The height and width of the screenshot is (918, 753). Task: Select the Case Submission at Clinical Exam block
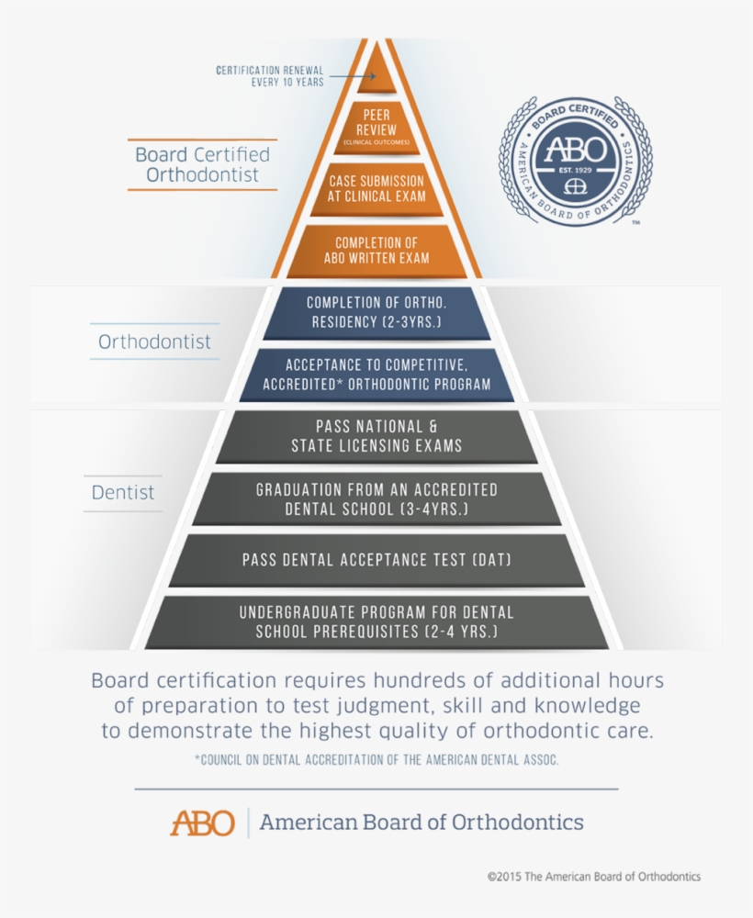(x=376, y=189)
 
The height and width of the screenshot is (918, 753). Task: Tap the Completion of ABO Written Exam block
(x=376, y=250)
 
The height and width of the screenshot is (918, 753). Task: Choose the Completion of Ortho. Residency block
(x=376, y=312)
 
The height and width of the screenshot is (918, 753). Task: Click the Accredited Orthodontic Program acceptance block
(x=376, y=375)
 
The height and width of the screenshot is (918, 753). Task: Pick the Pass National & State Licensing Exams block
(x=376, y=436)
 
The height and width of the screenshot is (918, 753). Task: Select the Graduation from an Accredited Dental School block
(x=376, y=498)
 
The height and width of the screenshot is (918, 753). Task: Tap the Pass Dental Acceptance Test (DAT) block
(x=376, y=559)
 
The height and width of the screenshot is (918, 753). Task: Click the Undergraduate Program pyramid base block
(x=376, y=621)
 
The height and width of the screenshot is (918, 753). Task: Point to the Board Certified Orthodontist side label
(x=202, y=164)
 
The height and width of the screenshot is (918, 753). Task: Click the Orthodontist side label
(x=154, y=342)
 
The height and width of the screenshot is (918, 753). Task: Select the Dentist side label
(x=123, y=493)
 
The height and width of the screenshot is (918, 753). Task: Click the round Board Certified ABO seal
(x=575, y=162)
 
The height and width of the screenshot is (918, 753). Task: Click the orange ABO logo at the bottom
(x=202, y=822)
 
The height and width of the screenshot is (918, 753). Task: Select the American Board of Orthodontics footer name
(x=421, y=822)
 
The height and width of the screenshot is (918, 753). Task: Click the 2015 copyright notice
(x=593, y=877)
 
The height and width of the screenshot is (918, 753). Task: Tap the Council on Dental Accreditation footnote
(x=376, y=760)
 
